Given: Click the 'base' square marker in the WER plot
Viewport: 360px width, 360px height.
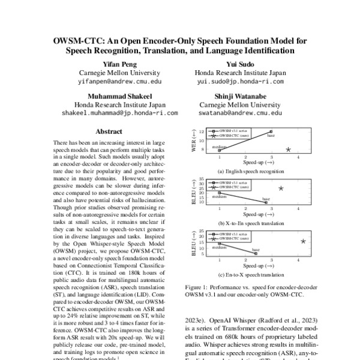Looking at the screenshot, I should [272, 131].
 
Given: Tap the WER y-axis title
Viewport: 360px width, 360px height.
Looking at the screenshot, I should [193, 141].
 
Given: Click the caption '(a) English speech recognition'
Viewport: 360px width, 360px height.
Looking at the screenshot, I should [245, 171].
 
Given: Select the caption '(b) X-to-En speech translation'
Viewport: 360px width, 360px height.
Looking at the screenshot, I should [245, 223].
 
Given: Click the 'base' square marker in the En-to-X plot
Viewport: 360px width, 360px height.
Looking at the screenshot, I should [256, 254].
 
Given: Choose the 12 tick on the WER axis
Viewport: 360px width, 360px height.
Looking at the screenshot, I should [202, 131].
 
